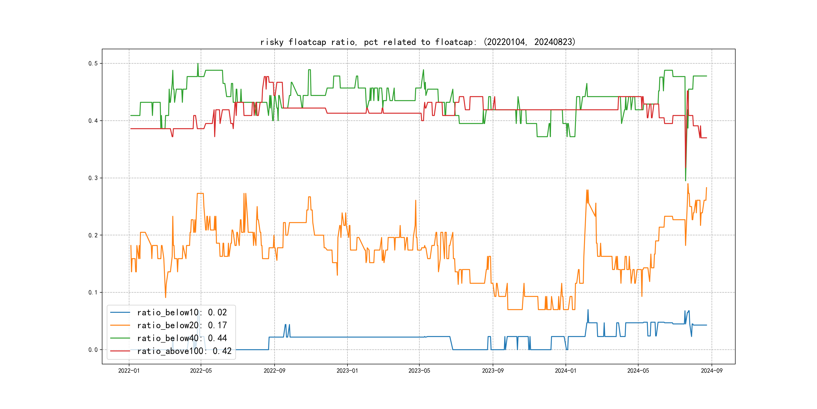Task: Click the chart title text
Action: pos(418,42)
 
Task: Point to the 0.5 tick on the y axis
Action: pos(93,64)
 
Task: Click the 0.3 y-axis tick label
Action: pos(93,178)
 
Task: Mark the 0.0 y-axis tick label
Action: pos(93,350)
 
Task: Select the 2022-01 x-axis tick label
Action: pos(129,371)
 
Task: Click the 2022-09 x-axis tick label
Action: pos(274,371)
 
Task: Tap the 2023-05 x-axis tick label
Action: pos(419,371)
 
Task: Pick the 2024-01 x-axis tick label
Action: pos(566,371)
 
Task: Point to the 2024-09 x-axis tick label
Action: pos(711,371)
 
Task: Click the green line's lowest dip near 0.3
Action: pos(685,180)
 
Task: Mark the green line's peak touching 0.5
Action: pos(198,64)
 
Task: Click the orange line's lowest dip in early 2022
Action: pos(166,297)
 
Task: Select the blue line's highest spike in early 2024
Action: pos(588,310)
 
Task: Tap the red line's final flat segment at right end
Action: pos(704,138)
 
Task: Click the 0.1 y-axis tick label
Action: pos(93,292)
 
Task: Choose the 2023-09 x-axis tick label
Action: pos(492,371)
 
